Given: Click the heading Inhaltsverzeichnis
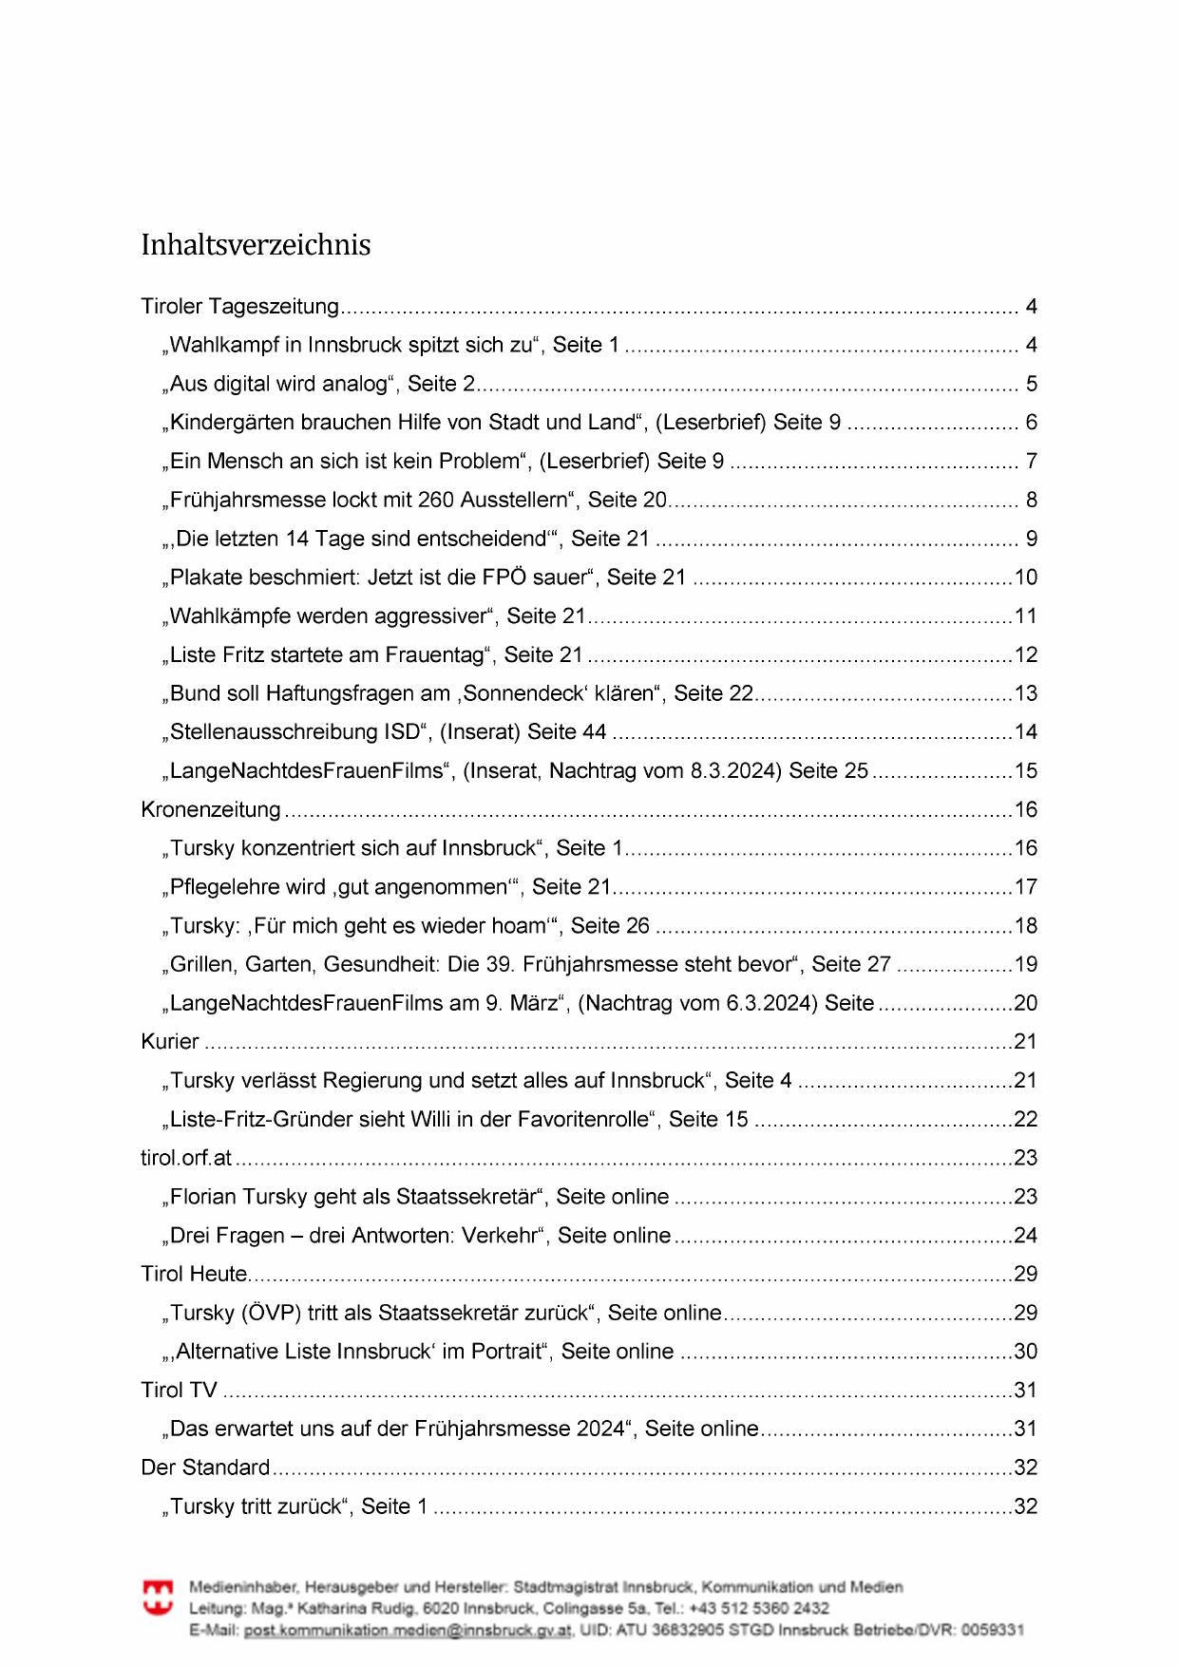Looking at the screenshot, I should [x=256, y=245].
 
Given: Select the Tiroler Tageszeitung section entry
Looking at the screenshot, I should [x=239, y=307].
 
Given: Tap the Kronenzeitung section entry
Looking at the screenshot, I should [x=211, y=809].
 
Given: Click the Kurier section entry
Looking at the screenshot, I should [x=170, y=1042].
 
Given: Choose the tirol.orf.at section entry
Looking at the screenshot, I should [x=186, y=1158].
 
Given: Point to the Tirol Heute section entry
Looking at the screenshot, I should [x=194, y=1274].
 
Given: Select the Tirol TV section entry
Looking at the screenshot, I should [x=180, y=1391].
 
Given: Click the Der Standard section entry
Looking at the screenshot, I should [x=205, y=1467].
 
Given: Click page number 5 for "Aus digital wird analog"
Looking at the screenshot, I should [x=1031, y=385].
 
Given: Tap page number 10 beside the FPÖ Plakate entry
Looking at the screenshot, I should [x=1026, y=577].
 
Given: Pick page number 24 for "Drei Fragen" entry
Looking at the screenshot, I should [x=1026, y=1236].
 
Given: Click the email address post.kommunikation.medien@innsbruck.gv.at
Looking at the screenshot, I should [x=409, y=1630].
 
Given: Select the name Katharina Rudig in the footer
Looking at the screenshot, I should [x=362, y=1608].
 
